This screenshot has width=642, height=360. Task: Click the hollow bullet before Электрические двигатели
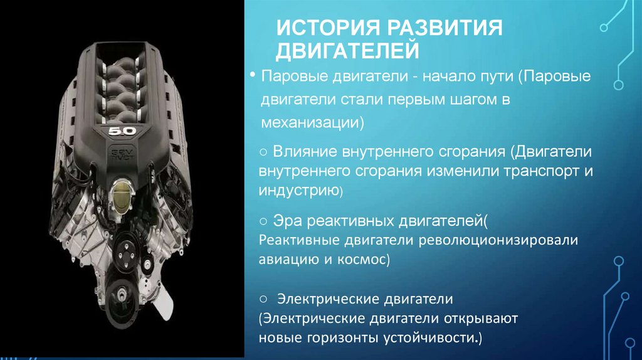pyautogui.click(x=264, y=299)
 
